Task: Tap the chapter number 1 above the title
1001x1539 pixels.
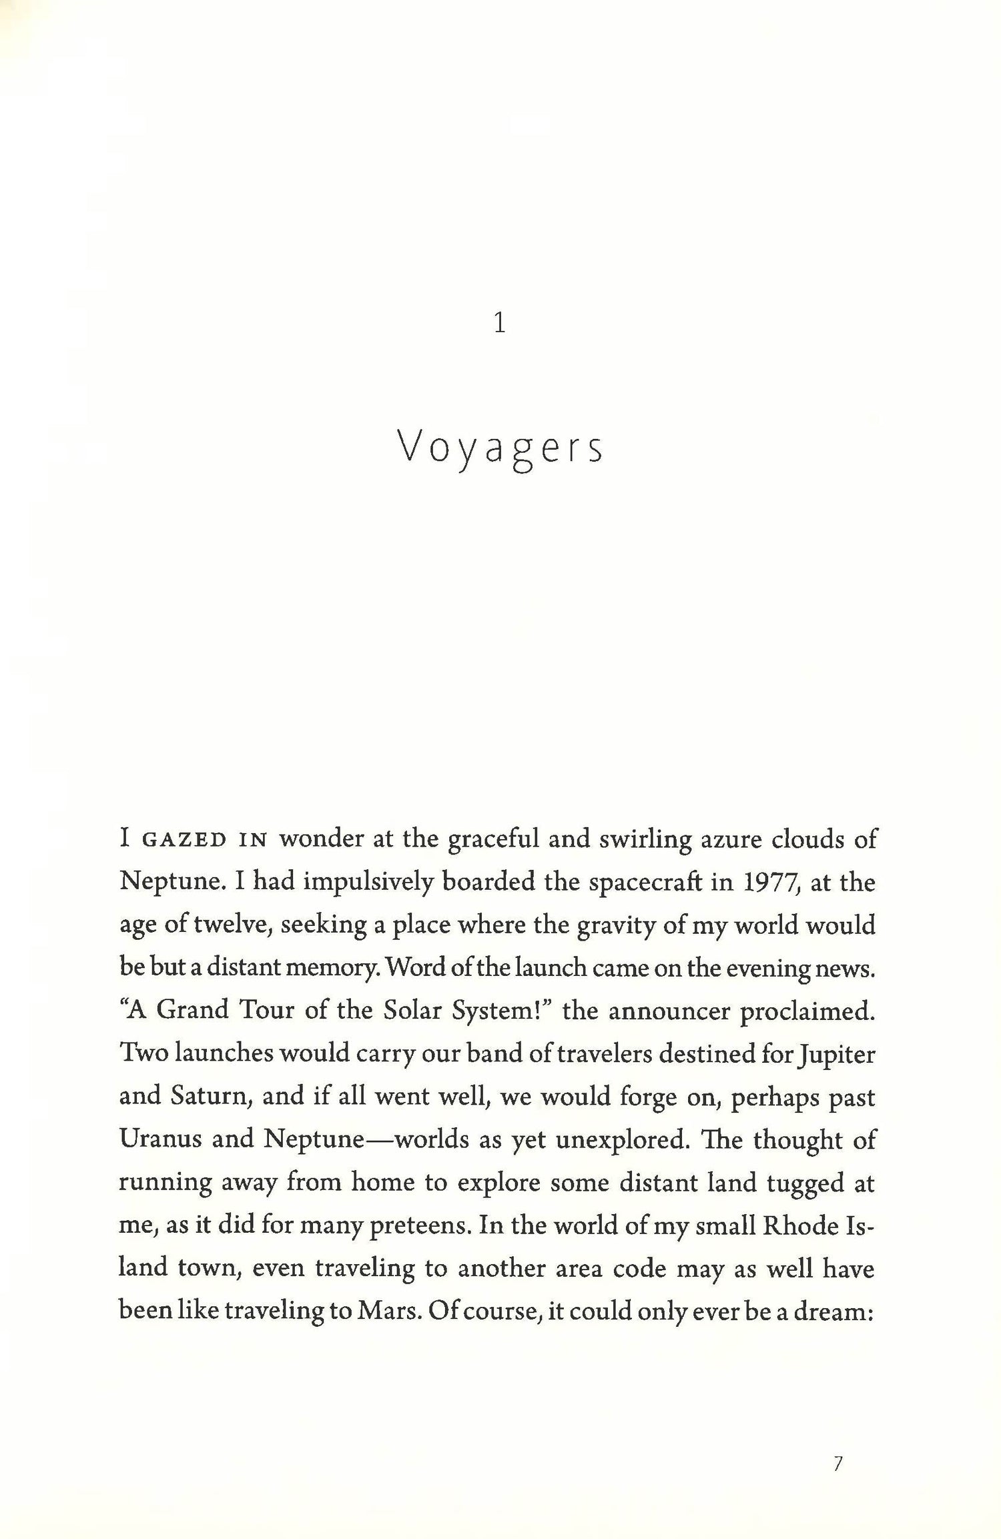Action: pyautogui.click(x=499, y=324)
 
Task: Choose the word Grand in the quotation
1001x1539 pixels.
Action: pyautogui.click(x=192, y=1011)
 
